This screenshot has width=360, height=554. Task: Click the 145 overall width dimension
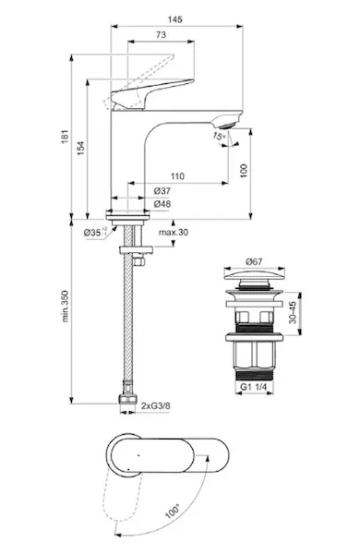click(x=174, y=19)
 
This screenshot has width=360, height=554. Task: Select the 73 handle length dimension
click(x=161, y=35)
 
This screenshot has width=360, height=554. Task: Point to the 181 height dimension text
click(x=65, y=137)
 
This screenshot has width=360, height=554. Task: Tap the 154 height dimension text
click(x=81, y=149)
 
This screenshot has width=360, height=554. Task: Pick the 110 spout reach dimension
click(x=177, y=176)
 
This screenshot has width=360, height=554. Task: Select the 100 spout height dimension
click(x=244, y=171)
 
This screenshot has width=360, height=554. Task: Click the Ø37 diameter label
click(x=162, y=191)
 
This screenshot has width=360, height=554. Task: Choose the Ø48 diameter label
click(x=162, y=204)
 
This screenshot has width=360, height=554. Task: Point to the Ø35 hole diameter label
click(x=94, y=233)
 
